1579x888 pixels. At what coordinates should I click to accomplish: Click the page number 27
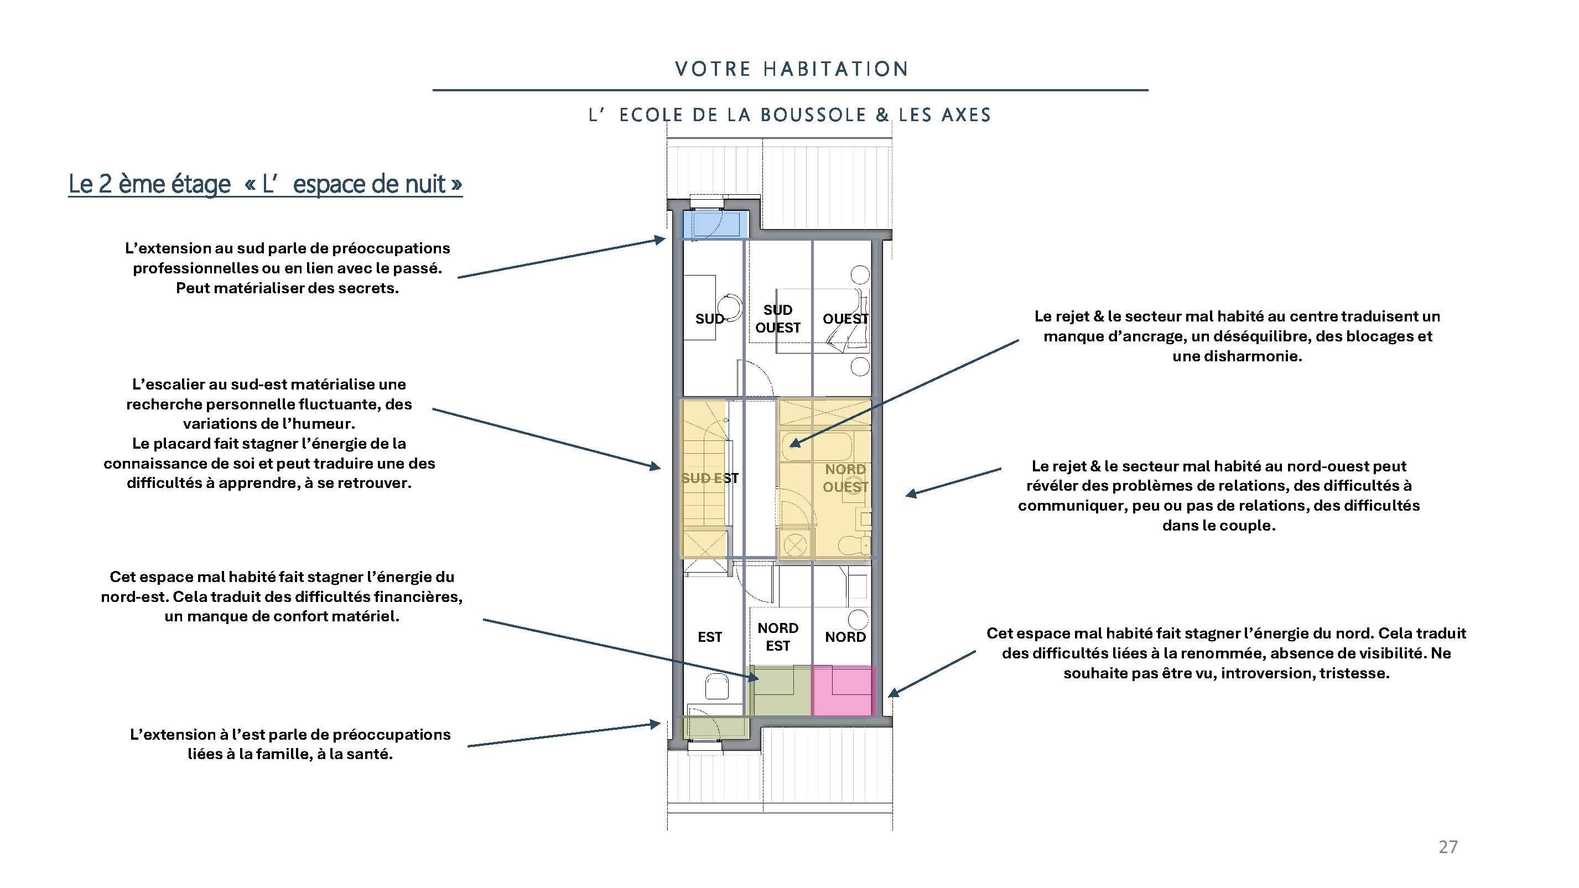pos(1448,847)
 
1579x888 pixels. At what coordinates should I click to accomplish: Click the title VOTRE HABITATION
pos(791,69)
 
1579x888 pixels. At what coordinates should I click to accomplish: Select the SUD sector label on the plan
pos(709,319)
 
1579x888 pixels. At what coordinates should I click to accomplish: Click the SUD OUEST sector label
pos(778,319)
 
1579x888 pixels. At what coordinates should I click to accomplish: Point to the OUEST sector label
pos(845,319)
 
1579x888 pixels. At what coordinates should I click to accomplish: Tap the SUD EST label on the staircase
pos(710,478)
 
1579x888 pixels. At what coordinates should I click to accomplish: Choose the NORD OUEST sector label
pos(845,478)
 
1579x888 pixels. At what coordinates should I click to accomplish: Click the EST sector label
pos(710,637)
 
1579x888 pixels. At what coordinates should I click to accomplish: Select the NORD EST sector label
pos(778,637)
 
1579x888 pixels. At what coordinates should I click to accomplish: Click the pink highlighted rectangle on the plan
pos(843,691)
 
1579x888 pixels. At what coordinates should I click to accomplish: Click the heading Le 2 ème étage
pos(149,184)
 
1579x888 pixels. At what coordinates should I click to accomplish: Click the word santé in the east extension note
pos(368,755)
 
